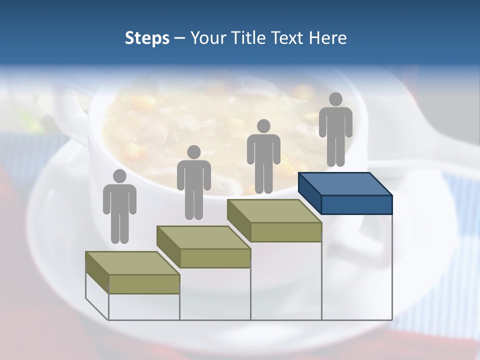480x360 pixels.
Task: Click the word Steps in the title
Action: pos(147,38)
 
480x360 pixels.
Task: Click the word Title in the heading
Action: pos(249,38)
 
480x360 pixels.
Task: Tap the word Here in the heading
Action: pos(328,38)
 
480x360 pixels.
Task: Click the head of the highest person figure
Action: pos(335,99)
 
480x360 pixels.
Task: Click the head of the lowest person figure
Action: pos(119,176)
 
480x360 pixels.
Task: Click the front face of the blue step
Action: pos(356,204)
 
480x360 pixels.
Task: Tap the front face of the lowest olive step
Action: pos(144,284)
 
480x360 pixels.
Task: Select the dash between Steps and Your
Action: pos(180,39)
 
